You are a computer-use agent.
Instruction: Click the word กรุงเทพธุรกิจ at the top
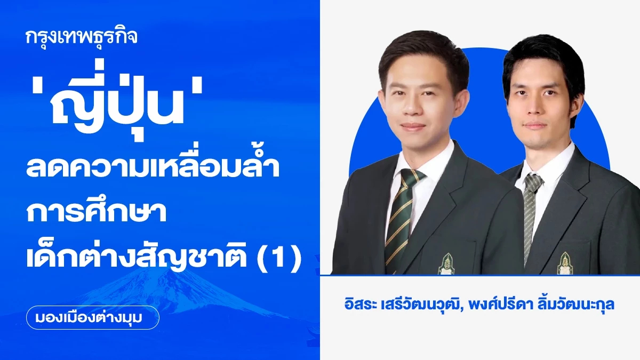[x=82, y=37]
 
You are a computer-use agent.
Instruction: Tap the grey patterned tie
[x=530, y=213]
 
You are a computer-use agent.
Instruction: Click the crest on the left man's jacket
[x=446, y=263]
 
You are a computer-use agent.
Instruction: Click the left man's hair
[x=421, y=51]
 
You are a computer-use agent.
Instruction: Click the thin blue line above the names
[x=480, y=275]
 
